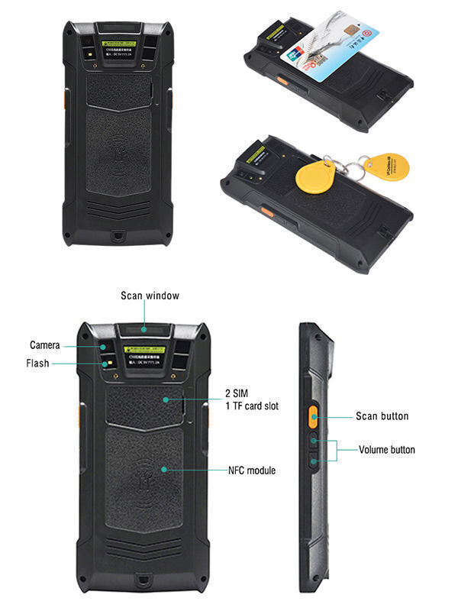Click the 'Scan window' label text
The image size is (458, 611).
[150, 296]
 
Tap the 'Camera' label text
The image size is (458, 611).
[45, 345]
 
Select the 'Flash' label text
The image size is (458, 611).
[38, 364]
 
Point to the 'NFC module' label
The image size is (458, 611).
[252, 470]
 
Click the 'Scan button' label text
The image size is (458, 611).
[382, 416]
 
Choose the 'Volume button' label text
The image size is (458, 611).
[387, 450]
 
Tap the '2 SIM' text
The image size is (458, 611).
[237, 393]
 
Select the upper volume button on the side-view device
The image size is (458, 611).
[314, 441]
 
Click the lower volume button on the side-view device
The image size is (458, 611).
[314, 460]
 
